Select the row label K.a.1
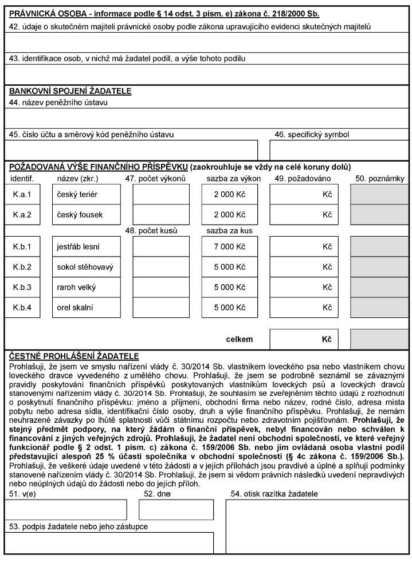[x=22, y=195]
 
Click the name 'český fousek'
[x=78, y=215]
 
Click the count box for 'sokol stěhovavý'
[x=161, y=267]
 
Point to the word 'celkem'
[x=239, y=339]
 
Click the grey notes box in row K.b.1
[x=379, y=247]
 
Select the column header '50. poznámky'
[x=380, y=179]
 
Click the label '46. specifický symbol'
[x=312, y=135]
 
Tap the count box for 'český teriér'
[x=161, y=195]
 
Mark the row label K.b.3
[x=22, y=287]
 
